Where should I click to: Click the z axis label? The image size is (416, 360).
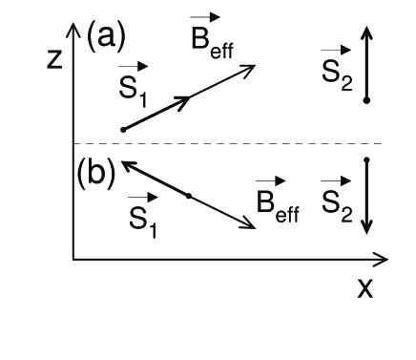[56, 59]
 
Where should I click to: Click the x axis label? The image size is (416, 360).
[365, 287]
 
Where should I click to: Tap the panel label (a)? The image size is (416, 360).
[106, 38]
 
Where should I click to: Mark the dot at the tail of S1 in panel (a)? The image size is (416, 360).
[123, 129]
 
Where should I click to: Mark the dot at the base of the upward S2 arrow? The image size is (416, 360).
[366, 99]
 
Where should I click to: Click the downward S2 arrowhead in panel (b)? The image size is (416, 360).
[366, 229]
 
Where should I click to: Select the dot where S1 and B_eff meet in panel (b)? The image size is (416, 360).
[189, 196]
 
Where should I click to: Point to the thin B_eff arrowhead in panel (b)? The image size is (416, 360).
[252, 225]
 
